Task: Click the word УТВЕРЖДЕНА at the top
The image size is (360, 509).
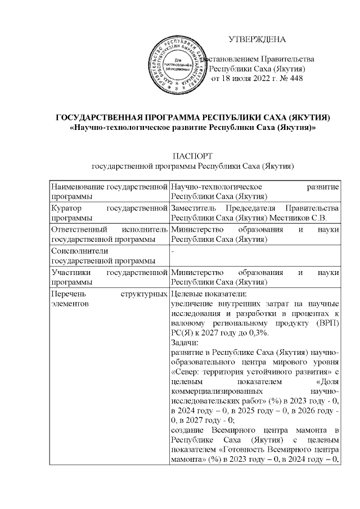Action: click(257, 39)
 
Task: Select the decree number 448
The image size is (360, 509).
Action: click(295, 78)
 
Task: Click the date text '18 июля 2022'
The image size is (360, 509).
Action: click(242, 78)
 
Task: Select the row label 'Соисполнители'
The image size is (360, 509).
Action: click(79, 251)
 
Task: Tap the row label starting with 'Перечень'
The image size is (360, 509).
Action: click(67, 294)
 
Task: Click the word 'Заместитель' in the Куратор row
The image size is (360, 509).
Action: click(194, 208)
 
